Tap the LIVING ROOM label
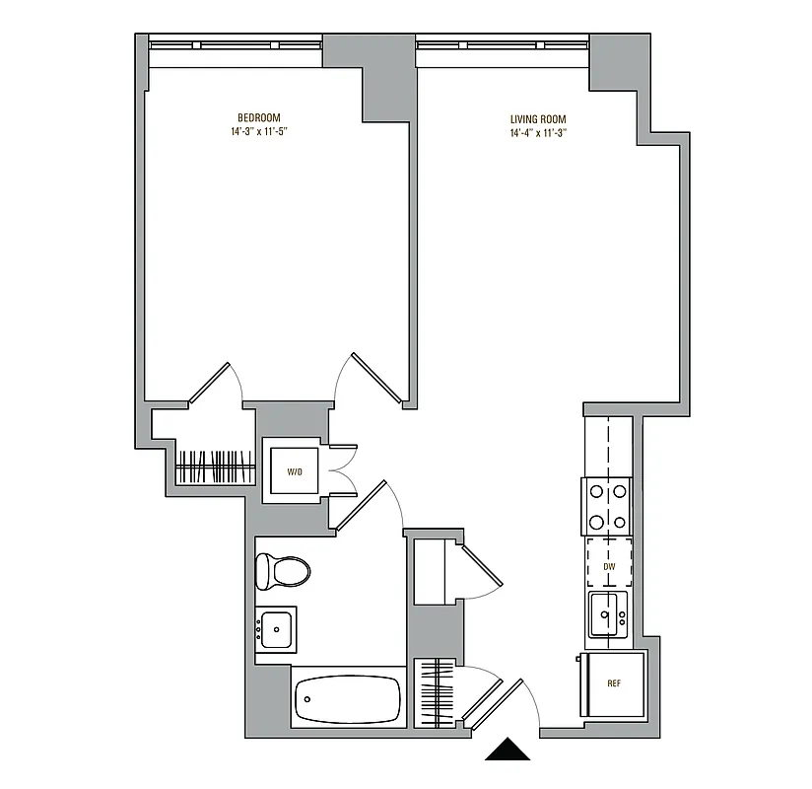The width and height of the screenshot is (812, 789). [538, 119]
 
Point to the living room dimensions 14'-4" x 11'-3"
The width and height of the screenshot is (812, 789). [538, 133]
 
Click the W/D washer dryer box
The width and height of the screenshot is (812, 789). [294, 471]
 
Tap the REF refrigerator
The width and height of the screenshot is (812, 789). [613, 683]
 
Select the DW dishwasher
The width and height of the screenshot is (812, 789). [608, 567]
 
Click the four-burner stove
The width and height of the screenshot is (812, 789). [608, 506]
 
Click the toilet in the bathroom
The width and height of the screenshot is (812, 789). [282, 570]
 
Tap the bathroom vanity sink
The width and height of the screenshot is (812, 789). [275, 628]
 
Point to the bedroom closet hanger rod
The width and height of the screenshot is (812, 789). [215, 466]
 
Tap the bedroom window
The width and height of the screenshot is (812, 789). [236, 44]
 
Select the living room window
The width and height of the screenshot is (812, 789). [503, 44]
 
